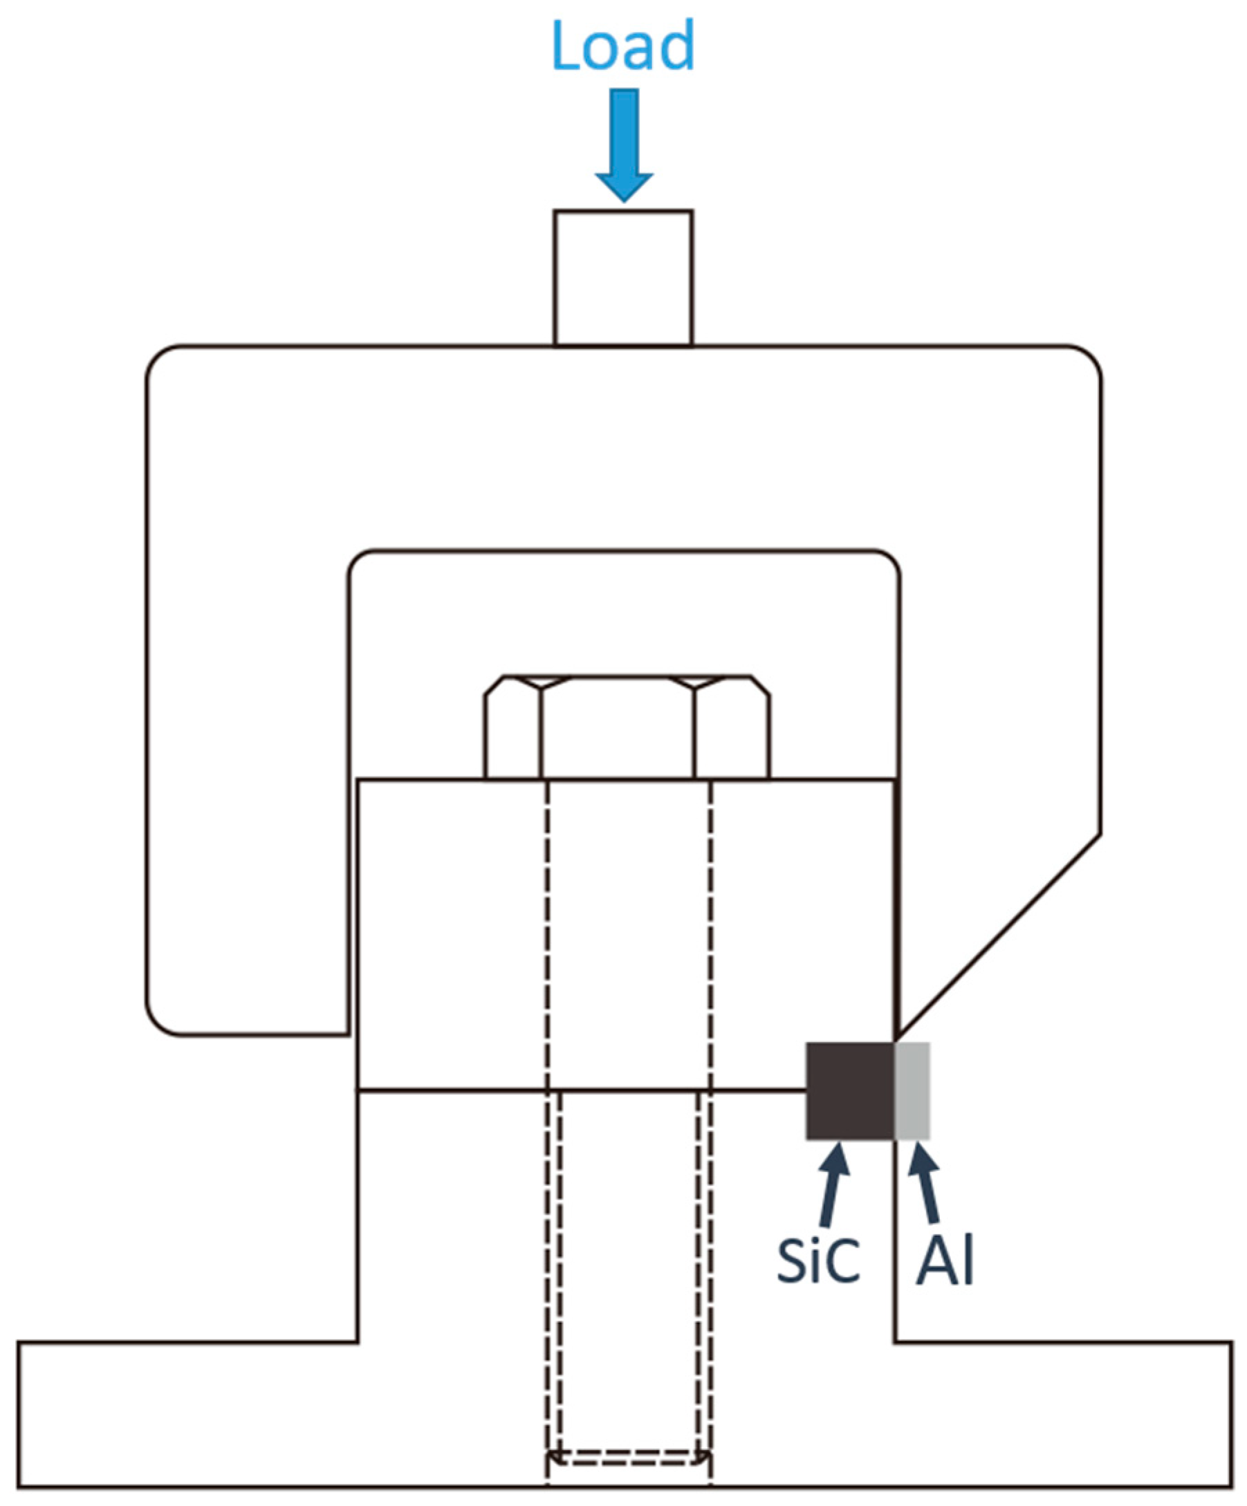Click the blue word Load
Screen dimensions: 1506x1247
[622, 46]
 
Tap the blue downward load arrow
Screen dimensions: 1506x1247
[625, 143]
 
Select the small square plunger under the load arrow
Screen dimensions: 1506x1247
[622, 278]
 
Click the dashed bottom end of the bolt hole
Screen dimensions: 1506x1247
[629, 1456]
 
